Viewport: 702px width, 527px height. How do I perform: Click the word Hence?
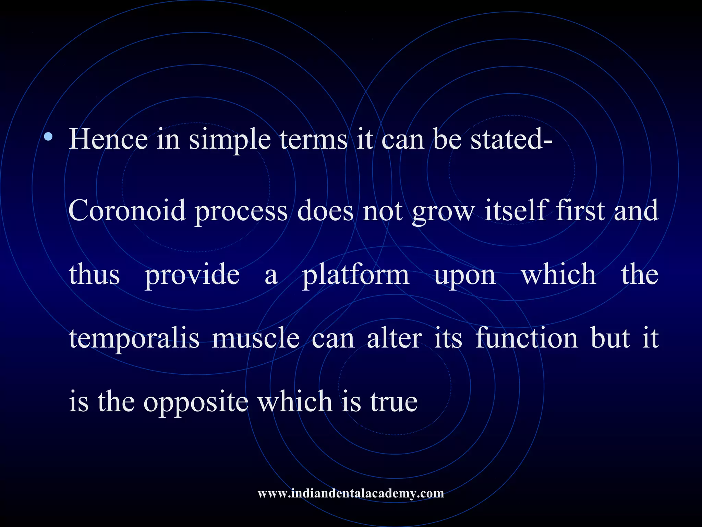click(108, 140)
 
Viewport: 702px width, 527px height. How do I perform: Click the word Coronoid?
click(127, 211)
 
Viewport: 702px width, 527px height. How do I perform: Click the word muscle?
click(255, 338)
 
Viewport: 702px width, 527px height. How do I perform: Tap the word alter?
click(394, 338)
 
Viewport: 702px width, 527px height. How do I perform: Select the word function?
click(527, 338)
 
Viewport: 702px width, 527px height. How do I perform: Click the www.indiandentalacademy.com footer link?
click(351, 493)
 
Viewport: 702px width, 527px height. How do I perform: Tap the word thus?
click(94, 274)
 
